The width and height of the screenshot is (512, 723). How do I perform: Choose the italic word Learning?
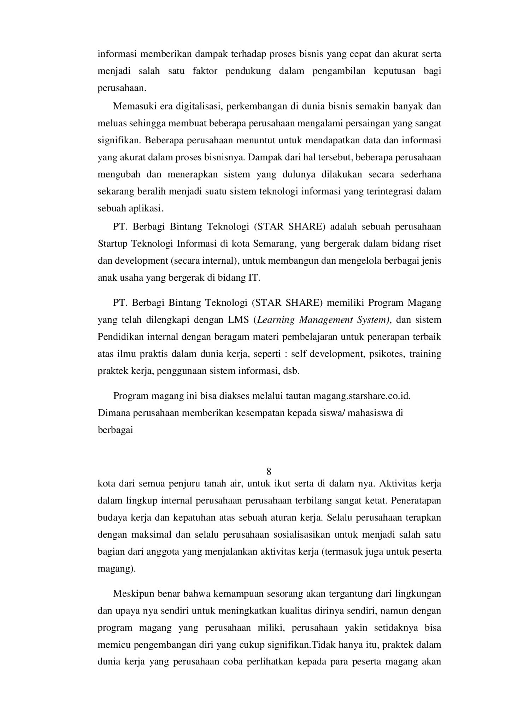coord(276,320)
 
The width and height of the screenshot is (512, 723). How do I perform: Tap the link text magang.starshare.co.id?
coord(362,396)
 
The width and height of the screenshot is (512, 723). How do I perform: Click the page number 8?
coord(269,472)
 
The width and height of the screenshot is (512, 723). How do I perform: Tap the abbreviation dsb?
coord(291,371)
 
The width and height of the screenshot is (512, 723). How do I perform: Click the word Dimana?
coord(112,413)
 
